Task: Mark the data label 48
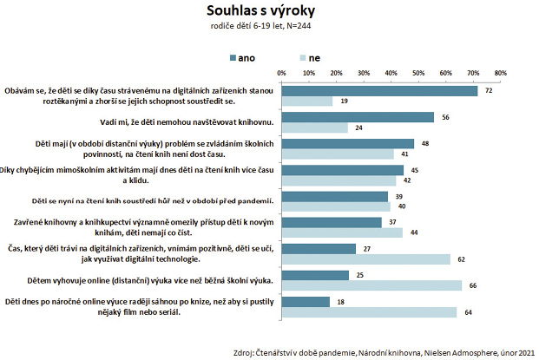(x=425, y=143)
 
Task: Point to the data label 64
(x=466, y=313)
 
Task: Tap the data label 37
(x=393, y=222)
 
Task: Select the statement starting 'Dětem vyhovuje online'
(x=139, y=280)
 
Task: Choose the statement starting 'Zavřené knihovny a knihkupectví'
(x=139, y=227)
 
